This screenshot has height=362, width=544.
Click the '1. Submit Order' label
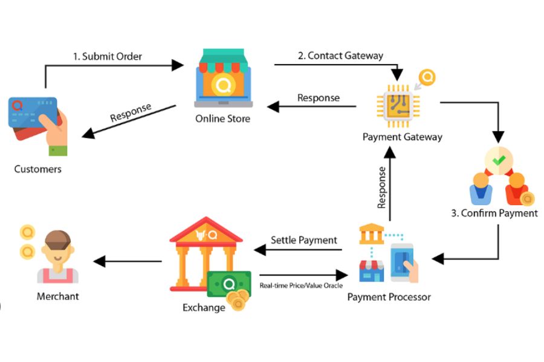(108, 56)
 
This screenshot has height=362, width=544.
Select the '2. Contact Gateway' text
(340, 56)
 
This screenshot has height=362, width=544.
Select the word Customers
(38, 169)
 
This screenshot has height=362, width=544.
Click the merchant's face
(58, 253)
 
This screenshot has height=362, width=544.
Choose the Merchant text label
(58, 296)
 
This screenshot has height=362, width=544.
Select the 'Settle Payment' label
(304, 240)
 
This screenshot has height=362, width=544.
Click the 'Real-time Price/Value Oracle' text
(301, 285)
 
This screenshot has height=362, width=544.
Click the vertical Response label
(381, 188)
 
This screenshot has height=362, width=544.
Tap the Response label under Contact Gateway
(319, 98)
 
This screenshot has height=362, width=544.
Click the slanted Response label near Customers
(131, 113)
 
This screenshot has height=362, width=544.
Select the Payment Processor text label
(389, 297)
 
